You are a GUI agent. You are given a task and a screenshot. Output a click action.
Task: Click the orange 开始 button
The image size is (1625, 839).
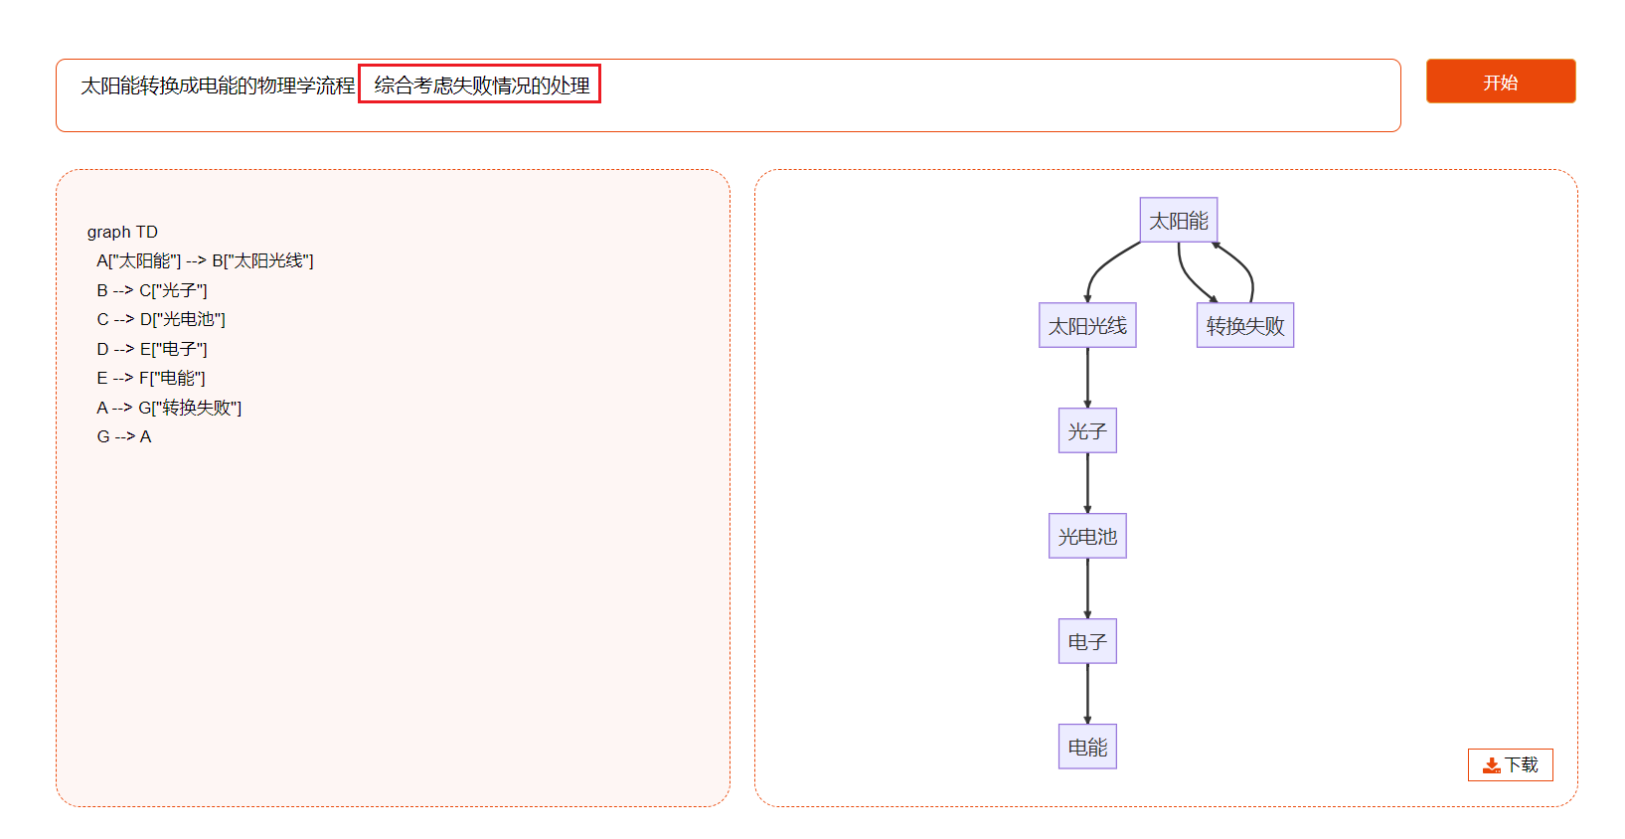pyautogui.click(x=1500, y=82)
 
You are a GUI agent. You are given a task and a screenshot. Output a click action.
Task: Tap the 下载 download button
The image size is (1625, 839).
pyautogui.click(x=1511, y=765)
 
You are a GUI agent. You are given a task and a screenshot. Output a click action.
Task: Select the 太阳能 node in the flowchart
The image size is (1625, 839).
pyautogui.click(x=1179, y=220)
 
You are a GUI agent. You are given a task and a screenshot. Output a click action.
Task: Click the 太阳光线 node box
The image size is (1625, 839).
pyautogui.click(x=1087, y=325)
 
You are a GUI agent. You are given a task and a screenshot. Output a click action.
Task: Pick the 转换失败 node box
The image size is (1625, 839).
pyautogui.click(x=1245, y=325)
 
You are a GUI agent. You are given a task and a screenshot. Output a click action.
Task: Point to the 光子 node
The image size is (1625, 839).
pyautogui.click(x=1087, y=430)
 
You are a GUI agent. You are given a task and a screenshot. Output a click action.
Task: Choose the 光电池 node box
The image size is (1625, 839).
pyautogui.click(x=1087, y=536)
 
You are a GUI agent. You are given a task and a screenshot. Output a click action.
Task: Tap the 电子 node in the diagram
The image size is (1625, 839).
pyautogui.click(x=1087, y=641)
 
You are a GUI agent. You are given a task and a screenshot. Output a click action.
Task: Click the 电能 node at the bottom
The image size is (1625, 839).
pyautogui.click(x=1087, y=747)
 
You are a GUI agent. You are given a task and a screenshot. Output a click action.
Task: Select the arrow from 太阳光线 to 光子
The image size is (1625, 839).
pyautogui.click(x=1087, y=378)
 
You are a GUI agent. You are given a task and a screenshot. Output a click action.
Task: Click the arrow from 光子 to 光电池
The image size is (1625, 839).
pyautogui.click(x=1087, y=483)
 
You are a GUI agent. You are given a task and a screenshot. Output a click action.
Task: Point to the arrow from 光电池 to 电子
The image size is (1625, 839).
pyautogui.click(x=1087, y=587)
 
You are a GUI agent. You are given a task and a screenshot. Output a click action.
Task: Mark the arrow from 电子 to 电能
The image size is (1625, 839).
pyautogui.click(x=1087, y=693)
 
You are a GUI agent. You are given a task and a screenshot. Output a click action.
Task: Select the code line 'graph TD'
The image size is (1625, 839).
pyautogui.click(x=122, y=233)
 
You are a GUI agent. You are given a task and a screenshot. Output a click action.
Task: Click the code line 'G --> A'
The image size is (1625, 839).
pyautogui.click(x=124, y=437)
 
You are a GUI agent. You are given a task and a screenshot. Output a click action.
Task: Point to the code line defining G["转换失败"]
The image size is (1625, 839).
pyautogui.click(x=169, y=408)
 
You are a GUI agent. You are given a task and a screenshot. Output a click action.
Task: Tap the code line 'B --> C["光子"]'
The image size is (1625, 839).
pyautogui.click(x=152, y=290)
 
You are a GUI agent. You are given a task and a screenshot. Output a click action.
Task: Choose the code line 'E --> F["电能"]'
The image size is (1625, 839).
pyautogui.click(x=151, y=378)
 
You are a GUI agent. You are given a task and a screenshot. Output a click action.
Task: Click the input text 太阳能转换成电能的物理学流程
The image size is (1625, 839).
pyautogui.click(x=218, y=84)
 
